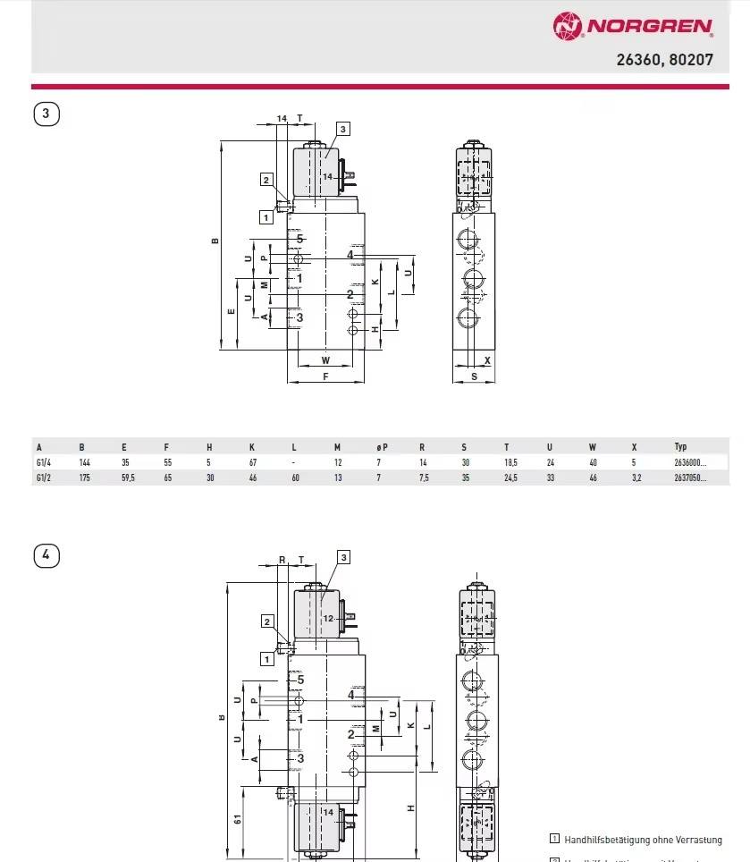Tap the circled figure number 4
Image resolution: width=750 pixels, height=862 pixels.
click(x=46, y=555)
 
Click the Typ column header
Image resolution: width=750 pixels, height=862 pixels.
click(x=681, y=446)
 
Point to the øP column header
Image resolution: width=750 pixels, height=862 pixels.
click(x=381, y=446)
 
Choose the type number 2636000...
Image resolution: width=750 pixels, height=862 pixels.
click(x=689, y=462)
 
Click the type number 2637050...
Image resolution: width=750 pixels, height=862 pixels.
click(x=689, y=477)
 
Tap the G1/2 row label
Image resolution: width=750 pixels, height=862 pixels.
click(x=43, y=477)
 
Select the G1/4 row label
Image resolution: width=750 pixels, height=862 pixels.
click(x=43, y=462)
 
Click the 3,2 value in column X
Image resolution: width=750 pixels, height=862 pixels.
click(x=636, y=477)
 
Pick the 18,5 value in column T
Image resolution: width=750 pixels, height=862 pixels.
click(x=510, y=462)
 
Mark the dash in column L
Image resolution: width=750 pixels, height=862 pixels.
click(x=293, y=462)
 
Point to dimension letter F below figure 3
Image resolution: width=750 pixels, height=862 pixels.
click(x=326, y=376)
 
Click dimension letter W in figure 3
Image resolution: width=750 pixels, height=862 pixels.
click(x=325, y=360)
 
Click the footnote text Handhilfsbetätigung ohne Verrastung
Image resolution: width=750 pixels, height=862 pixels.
click(x=642, y=839)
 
